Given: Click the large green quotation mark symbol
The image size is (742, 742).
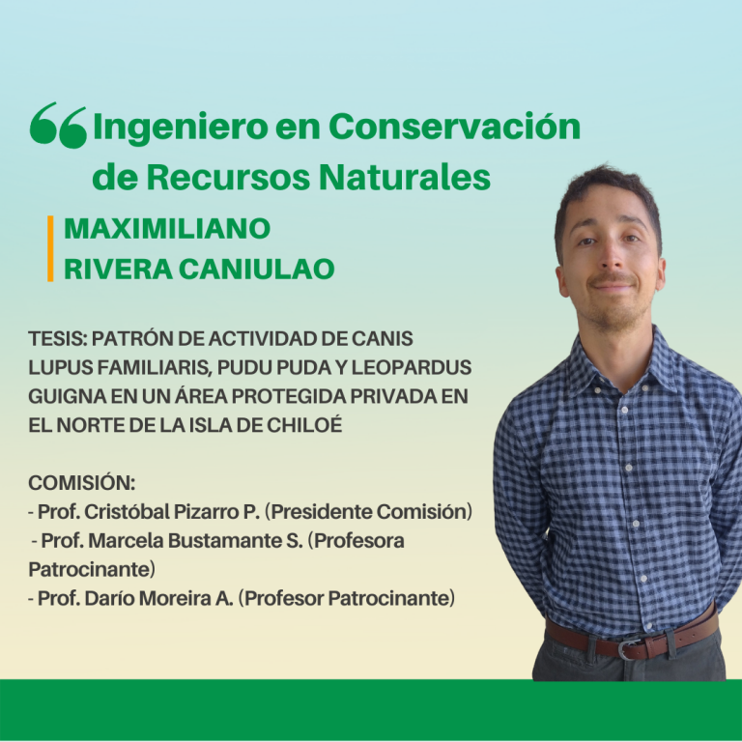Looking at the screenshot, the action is coord(58,125).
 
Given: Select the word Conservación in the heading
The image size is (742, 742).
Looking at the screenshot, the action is coord(454,126).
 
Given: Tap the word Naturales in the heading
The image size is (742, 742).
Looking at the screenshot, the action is coord(405,177).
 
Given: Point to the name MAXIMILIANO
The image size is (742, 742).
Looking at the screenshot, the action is coord(167,229).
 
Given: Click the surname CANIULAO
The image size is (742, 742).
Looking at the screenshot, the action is coord(257,269).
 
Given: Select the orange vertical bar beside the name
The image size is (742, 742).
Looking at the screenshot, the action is coord(50,248).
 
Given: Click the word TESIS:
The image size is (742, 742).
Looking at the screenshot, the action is coord(58,339).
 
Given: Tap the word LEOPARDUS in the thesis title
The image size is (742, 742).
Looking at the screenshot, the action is coord(412,368).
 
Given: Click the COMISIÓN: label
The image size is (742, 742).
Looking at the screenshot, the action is coord(82,482).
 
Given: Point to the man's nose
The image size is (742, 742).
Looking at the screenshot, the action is coord(611,258).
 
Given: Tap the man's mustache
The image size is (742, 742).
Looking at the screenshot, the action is coord(613,278).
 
